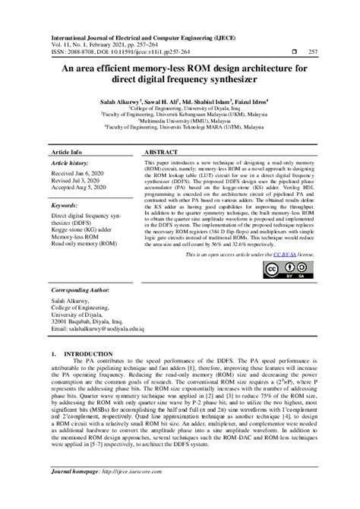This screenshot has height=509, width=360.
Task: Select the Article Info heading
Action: pyautogui.click(x=68, y=152)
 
